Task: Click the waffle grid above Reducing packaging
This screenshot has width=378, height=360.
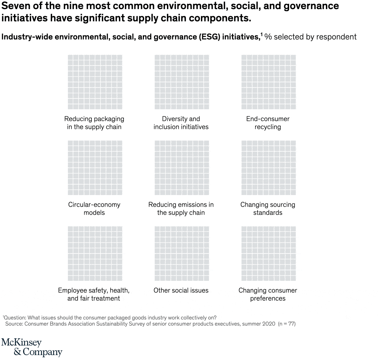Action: (94, 82)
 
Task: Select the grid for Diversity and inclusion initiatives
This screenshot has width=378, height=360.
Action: (181, 82)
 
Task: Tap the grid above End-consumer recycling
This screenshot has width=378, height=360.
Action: (268, 82)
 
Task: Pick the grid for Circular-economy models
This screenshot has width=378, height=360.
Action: (94, 168)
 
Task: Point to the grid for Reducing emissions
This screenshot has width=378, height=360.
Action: (181, 168)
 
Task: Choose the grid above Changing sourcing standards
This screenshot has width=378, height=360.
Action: (268, 168)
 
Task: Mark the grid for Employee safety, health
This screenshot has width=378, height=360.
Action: (94, 254)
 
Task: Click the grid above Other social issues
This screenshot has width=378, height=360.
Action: (181, 254)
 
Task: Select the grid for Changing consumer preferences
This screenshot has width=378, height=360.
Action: (268, 254)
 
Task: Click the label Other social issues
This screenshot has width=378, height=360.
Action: (181, 290)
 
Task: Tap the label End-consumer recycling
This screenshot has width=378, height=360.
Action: (268, 123)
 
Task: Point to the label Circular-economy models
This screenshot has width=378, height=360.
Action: (94, 209)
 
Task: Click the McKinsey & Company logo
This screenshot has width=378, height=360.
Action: (31, 347)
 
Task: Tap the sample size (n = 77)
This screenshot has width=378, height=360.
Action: (287, 324)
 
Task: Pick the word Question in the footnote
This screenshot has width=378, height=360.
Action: (14, 318)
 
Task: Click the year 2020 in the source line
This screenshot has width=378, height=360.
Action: (268, 324)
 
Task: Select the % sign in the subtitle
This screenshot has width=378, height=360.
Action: (268, 37)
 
